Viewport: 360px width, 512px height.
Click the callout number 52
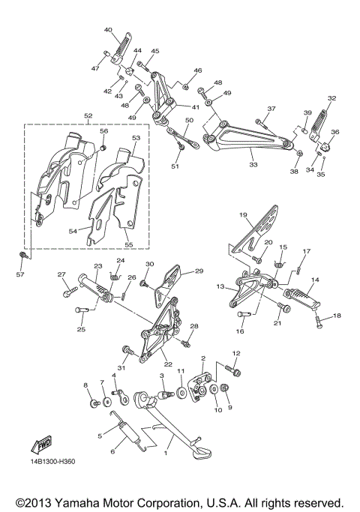[88, 116]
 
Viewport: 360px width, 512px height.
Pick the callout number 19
[244, 215]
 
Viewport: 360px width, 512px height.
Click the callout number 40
[108, 30]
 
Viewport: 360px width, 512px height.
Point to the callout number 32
[331, 98]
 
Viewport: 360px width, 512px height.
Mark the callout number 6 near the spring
[113, 451]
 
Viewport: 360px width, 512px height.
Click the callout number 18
[337, 316]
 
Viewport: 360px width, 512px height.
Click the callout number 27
[62, 274]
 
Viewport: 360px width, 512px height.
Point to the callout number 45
[154, 51]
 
